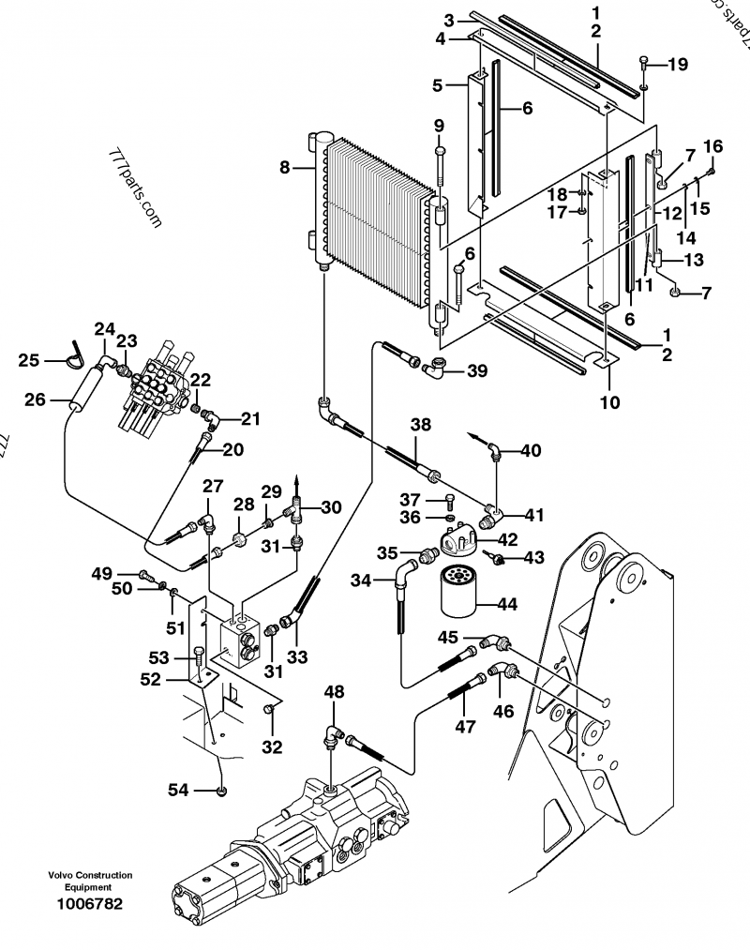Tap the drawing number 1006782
[90, 904]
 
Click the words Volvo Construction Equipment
[90, 881]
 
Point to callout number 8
[285, 167]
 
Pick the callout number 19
[678, 64]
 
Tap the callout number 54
[178, 790]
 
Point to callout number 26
[35, 400]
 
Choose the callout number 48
[334, 691]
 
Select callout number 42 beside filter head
[508, 539]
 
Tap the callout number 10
[609, 401]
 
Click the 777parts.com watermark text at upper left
[135, 188]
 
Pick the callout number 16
[713, 146]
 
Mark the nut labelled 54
[221, 790]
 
